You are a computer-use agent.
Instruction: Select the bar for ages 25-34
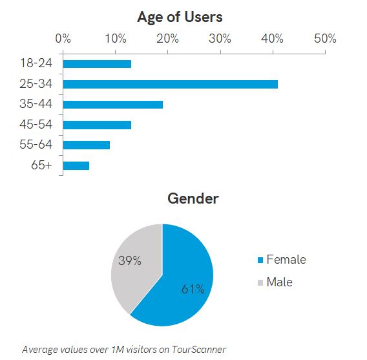tap(170, 84)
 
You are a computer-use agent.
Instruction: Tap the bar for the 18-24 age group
tap(97, 64)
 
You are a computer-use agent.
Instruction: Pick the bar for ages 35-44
tap(112, 104)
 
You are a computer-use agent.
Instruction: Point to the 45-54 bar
tap(97, 125)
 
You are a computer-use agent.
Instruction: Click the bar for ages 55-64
tap(86, 145)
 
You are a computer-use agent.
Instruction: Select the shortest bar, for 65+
tap(76, 165)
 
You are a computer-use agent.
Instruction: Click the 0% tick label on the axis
tap(63, 39)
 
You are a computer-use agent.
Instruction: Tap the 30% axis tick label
tap(220, 39)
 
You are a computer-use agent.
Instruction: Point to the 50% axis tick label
tap(324, 39)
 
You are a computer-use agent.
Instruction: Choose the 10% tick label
tap(115, 39)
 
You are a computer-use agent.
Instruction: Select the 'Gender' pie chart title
tap(193, 198)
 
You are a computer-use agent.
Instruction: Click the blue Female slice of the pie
tap(181, 284)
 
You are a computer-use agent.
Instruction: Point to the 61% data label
tap(193, 288)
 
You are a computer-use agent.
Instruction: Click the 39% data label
tap(129, 261)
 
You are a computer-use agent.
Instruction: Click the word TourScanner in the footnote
tap(200, 350)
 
